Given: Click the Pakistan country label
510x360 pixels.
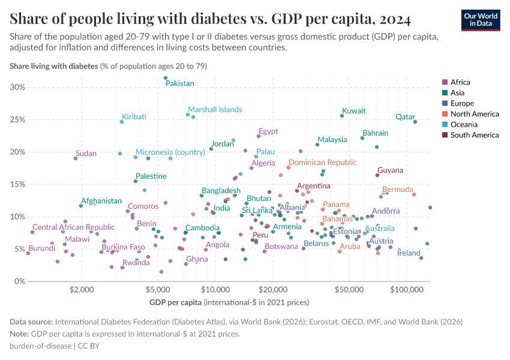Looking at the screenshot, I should [x=180, y=83].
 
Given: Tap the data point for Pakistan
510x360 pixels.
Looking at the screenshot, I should [x=166, y=78].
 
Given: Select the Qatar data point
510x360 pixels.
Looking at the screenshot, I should [x=415, y=122].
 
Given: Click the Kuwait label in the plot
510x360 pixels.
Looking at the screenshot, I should [x=353, y=111].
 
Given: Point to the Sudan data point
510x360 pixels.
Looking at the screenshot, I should [x=76, y=158].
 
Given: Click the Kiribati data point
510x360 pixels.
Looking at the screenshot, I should [x=122, y=122].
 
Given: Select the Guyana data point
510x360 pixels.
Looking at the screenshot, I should [x=377, y=175].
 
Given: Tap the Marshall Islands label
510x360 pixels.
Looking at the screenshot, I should [x=215, y=110].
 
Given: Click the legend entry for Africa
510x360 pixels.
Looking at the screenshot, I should [x=460, y=82].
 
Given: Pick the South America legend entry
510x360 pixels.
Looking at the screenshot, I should [x=474, y=135].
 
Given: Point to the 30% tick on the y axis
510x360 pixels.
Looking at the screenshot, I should [x=17, y=87].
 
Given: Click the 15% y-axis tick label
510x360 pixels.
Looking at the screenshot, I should [x=17, y=184].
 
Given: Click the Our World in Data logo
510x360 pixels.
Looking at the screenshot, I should [x=480, y=19].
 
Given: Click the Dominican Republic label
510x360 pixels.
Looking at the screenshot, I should [x=322, y=163].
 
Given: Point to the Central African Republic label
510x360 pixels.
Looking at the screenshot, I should [x=73, y=227].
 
